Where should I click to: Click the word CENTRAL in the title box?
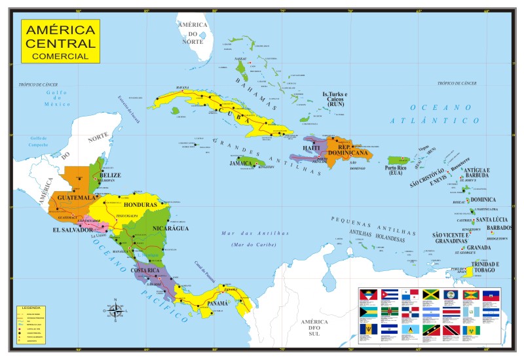(60, 43)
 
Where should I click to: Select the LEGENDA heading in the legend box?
(31, 307)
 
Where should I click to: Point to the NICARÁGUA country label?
(170, 228)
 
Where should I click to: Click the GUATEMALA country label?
(77, 197)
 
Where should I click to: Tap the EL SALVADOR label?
(73, 230)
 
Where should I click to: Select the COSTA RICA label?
(163, 270)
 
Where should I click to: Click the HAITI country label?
(311, 148)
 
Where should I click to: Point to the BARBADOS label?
(500, 228)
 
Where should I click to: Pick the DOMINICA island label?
(483, 200)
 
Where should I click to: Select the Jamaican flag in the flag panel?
(430, 295)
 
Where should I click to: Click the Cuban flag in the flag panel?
(390, 295)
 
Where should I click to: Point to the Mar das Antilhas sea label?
(246, 234)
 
